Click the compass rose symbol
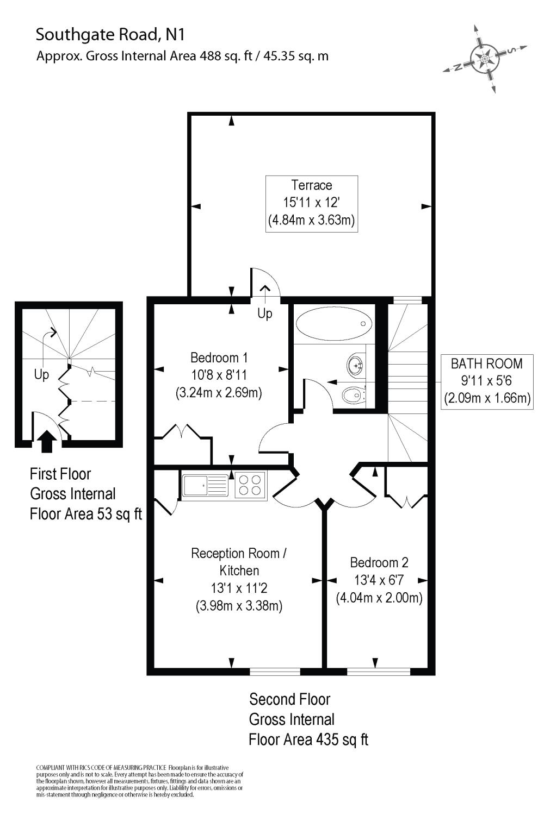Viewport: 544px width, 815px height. click(484, 58)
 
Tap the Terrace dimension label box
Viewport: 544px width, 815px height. click(312, 204)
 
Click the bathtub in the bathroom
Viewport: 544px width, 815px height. click(333, 324)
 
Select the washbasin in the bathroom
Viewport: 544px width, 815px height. click(356, 366)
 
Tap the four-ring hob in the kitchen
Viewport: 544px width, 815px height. click(251, 485)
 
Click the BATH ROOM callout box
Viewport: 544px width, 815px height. click(487, 381)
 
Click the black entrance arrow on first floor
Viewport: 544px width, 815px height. click(47, 441)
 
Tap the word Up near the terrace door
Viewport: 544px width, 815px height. click(265, 314)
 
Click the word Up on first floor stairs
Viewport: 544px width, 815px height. click(41, 374)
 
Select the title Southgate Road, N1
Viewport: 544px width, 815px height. click(110, 35)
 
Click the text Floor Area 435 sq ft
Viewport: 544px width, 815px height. click(308, 739)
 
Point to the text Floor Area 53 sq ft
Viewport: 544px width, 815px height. click(85, 513)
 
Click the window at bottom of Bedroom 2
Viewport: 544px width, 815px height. click(379, 671)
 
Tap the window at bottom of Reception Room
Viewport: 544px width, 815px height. click(275, 671)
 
